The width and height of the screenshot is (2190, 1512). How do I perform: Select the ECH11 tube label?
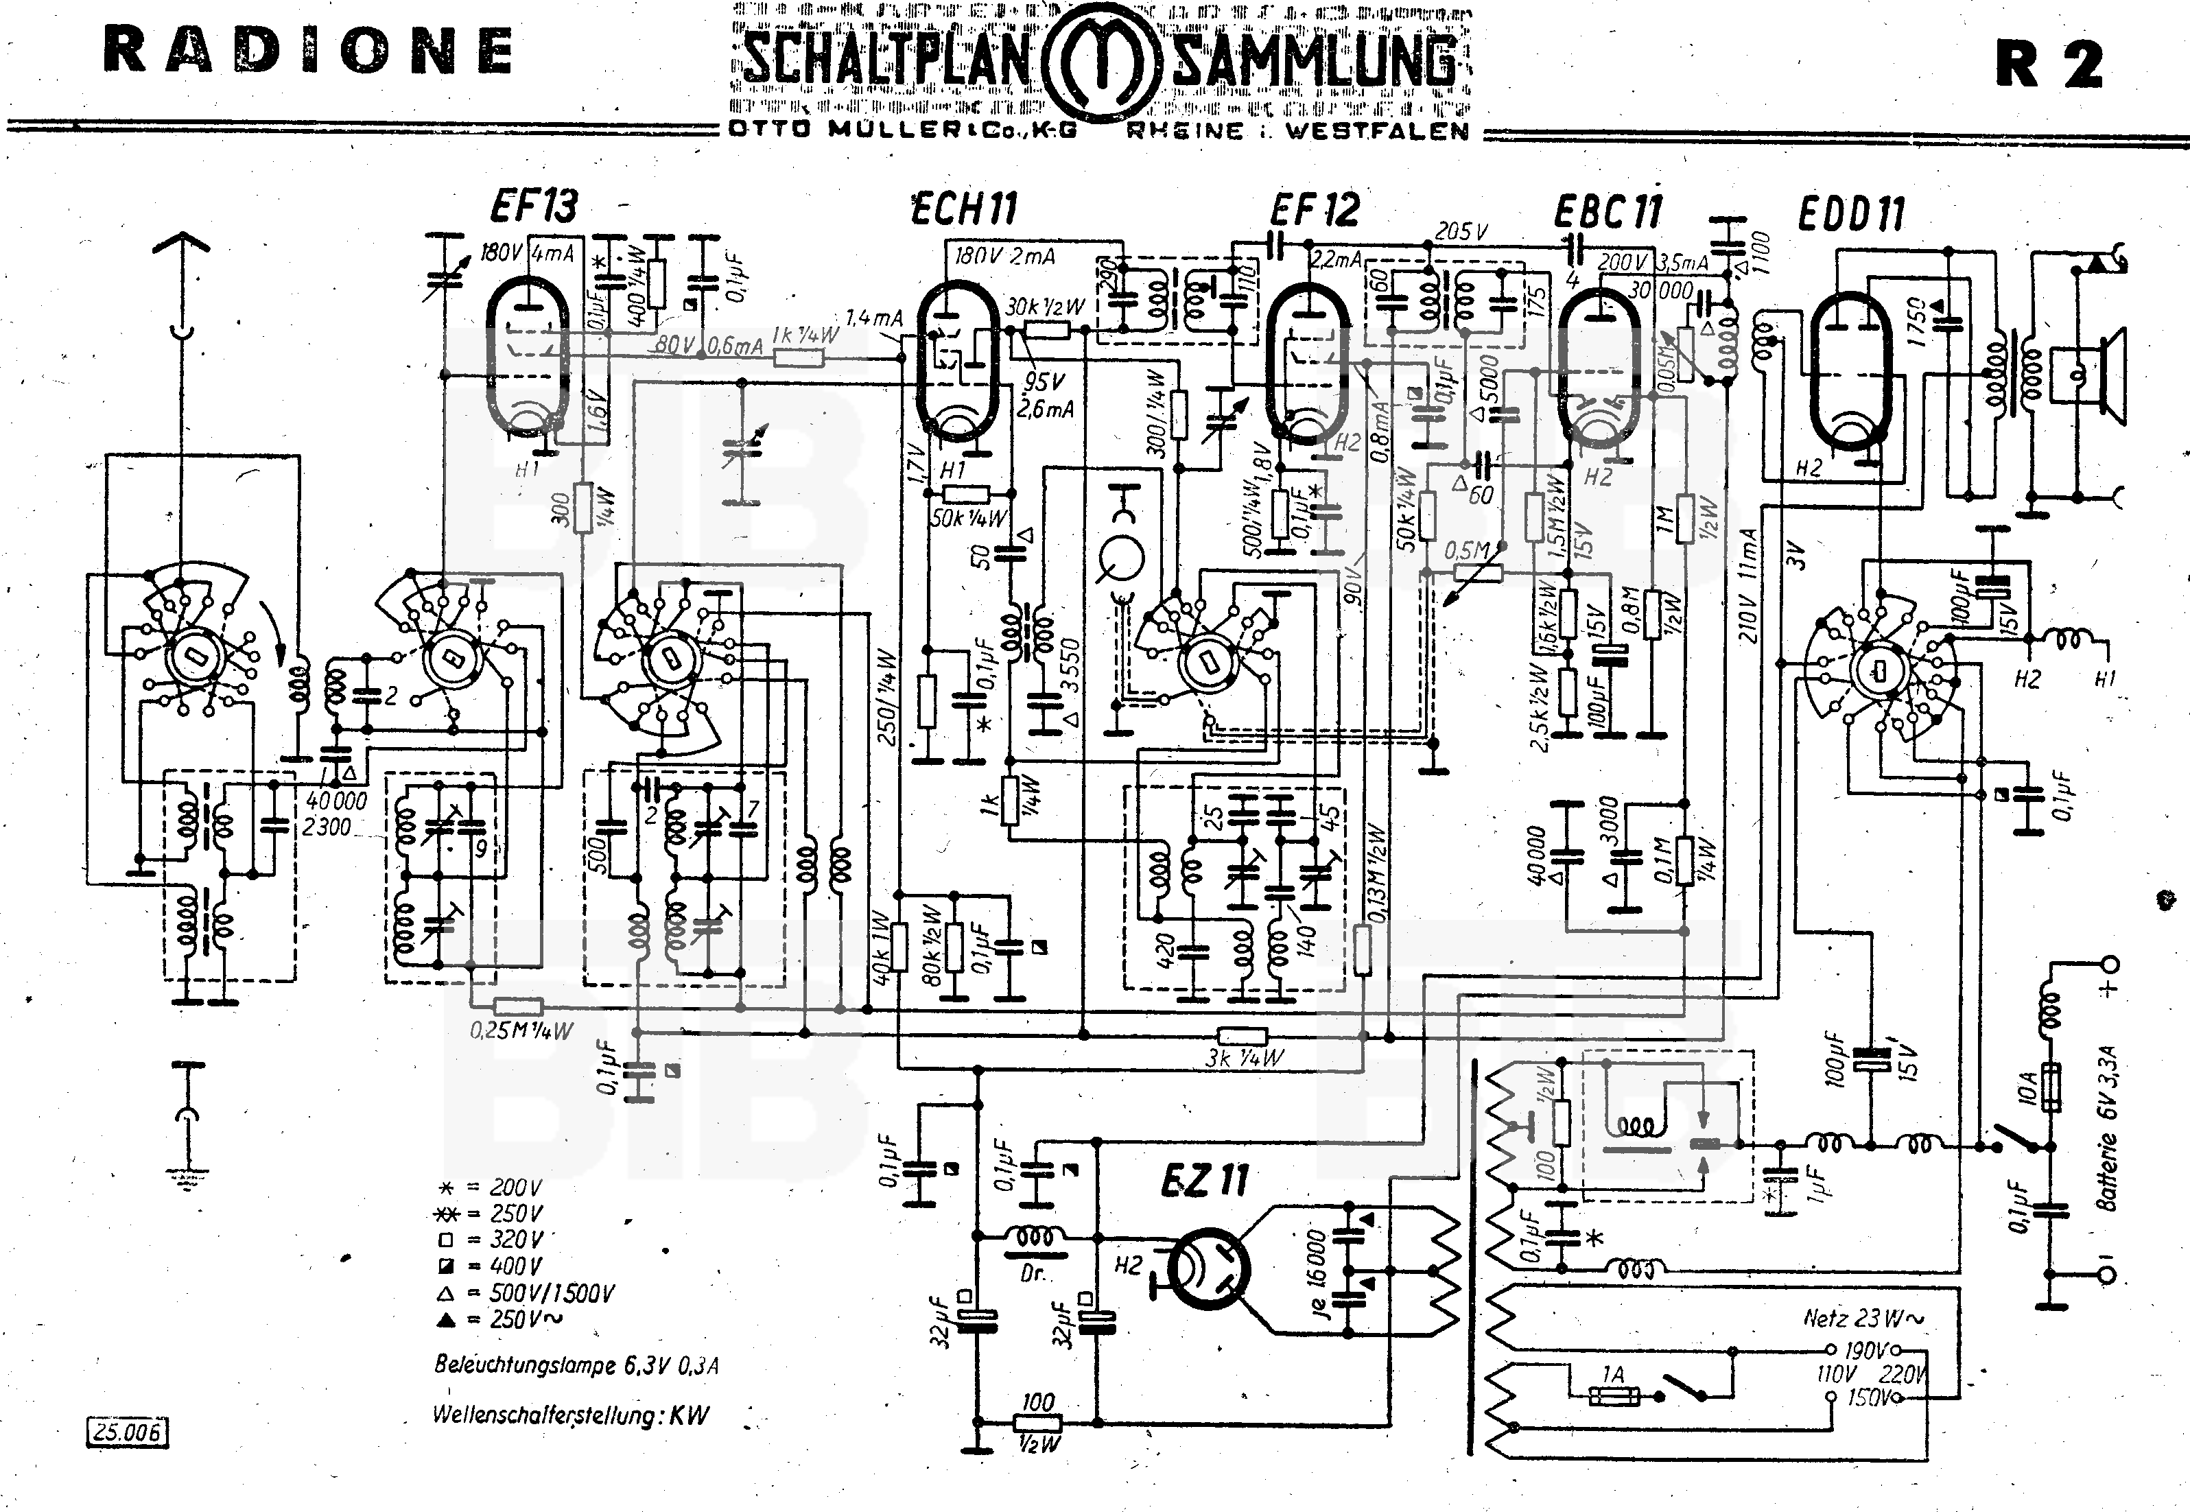coord(964,209)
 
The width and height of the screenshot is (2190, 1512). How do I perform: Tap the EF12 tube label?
coord(1314,209)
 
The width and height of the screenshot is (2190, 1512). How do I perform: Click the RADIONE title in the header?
coord(309,52)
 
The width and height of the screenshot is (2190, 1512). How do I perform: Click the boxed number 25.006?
coord(128,1430)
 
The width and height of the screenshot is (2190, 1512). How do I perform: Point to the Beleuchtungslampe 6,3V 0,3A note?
coord(576,1365)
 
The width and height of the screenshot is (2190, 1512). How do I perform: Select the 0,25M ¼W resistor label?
coord(520,1030)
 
